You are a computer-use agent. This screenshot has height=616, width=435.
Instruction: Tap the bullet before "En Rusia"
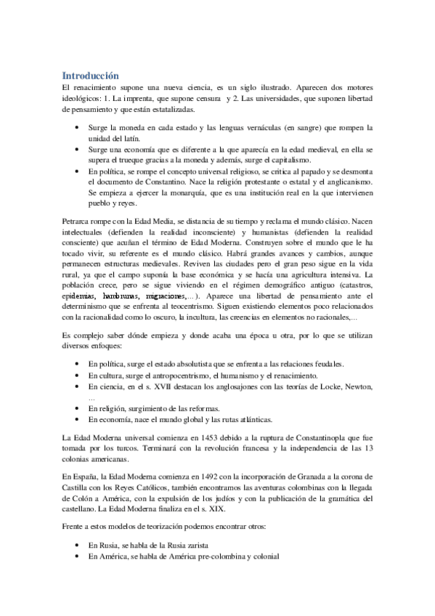click(78, 545)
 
